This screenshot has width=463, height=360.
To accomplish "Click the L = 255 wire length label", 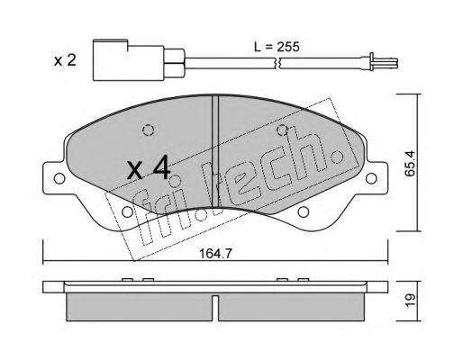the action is click(x=277, y=47).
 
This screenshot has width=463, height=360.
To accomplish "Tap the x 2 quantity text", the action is click(x=65, y=60).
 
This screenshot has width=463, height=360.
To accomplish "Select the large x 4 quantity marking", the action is click(x=149, y=169).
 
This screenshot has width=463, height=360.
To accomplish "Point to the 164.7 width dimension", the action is click(x=215, y=254).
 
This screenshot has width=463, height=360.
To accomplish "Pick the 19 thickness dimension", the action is click(x=410, y=300).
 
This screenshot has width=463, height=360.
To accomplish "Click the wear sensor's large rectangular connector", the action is click(x=129, y=60).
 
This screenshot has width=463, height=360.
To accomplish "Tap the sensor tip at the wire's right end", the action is click(x=384, y=63).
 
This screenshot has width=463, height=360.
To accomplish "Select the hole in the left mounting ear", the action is click(x=59, y=178).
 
